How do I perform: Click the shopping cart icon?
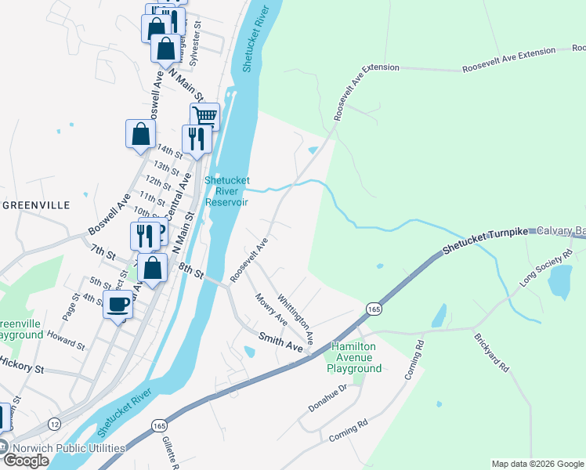coord(204,117)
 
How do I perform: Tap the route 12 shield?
coord(54,424)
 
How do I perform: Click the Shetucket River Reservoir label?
coord(226,191)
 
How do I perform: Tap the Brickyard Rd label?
coord(491,353)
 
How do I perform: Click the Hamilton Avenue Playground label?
coord(356,357)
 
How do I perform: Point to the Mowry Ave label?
coord(271,309)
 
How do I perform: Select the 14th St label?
coord(169,151)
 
